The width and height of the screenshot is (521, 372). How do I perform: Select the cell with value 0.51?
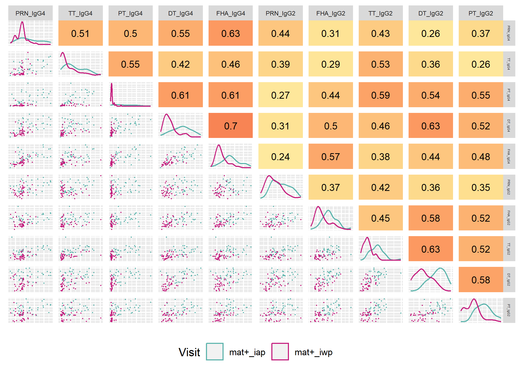80,33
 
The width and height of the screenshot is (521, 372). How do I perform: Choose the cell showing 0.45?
381,218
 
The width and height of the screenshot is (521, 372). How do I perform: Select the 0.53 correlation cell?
381,64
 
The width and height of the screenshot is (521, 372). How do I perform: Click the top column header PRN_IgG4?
30,13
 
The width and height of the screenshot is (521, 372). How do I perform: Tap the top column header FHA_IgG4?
231,13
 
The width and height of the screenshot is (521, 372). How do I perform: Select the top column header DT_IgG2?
431,13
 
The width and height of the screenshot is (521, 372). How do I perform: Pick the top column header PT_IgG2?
481,13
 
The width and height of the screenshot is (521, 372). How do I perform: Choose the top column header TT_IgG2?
381,13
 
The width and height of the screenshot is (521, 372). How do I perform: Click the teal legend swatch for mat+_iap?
215,352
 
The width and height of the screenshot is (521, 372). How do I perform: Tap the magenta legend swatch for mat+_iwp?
280,352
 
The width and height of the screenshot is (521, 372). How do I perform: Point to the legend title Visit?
189,352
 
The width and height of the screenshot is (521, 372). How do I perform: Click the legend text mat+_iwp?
313,352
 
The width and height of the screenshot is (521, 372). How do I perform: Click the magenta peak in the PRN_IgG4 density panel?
22,22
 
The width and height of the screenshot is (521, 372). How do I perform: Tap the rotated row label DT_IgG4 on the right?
509,126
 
